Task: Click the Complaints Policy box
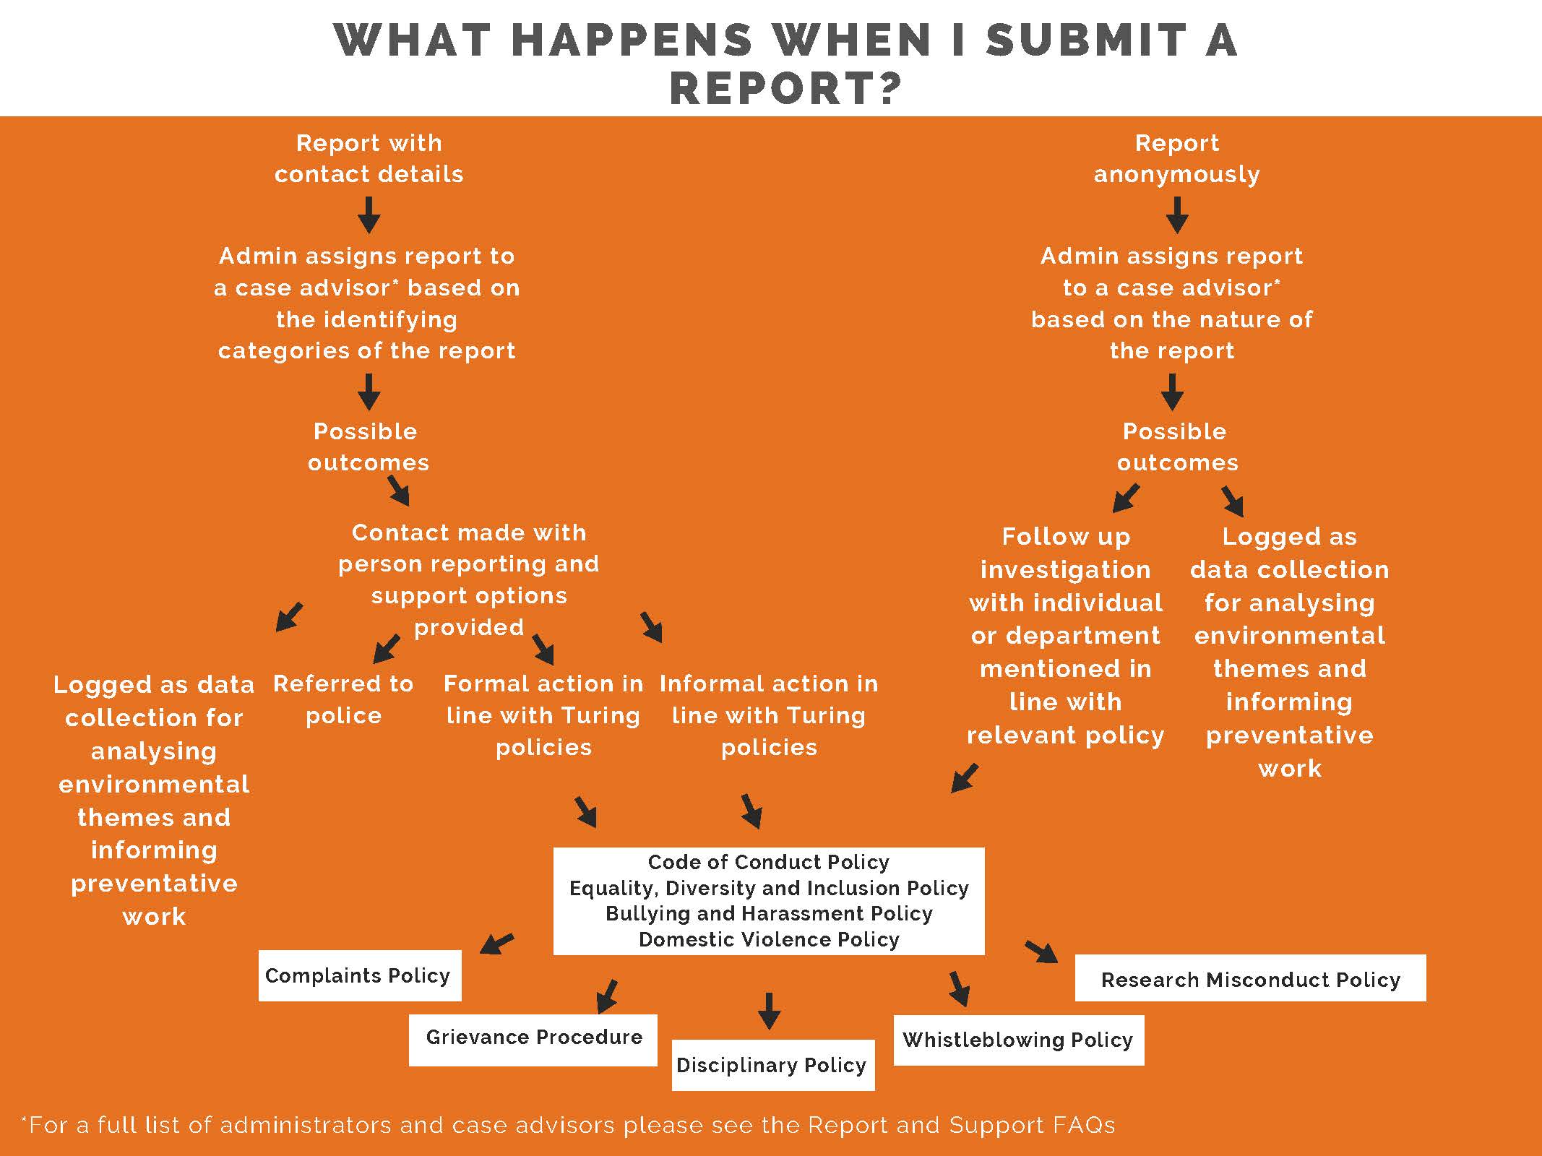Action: [360, 975]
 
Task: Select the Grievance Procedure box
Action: [533, 1040]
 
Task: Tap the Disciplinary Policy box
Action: [773, 1065]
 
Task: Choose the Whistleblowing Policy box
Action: [1019, 1040]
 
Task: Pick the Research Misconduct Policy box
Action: [1251, 978]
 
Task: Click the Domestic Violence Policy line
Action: [769, 939]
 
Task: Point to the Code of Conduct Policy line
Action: [769, 862]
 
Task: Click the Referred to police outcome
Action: [343, 699]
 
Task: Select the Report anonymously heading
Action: [1176, 158]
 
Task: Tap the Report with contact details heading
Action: [369, 158]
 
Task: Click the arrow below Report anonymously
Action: [1177, 215]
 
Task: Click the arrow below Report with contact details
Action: [369, 215]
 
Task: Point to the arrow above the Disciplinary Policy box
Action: [769, 1011]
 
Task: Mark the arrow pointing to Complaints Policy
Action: [497, 944]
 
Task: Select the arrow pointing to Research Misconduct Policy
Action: [1041, 952]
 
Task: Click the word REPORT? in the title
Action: [786, 88]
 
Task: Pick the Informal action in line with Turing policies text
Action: [769, 715]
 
